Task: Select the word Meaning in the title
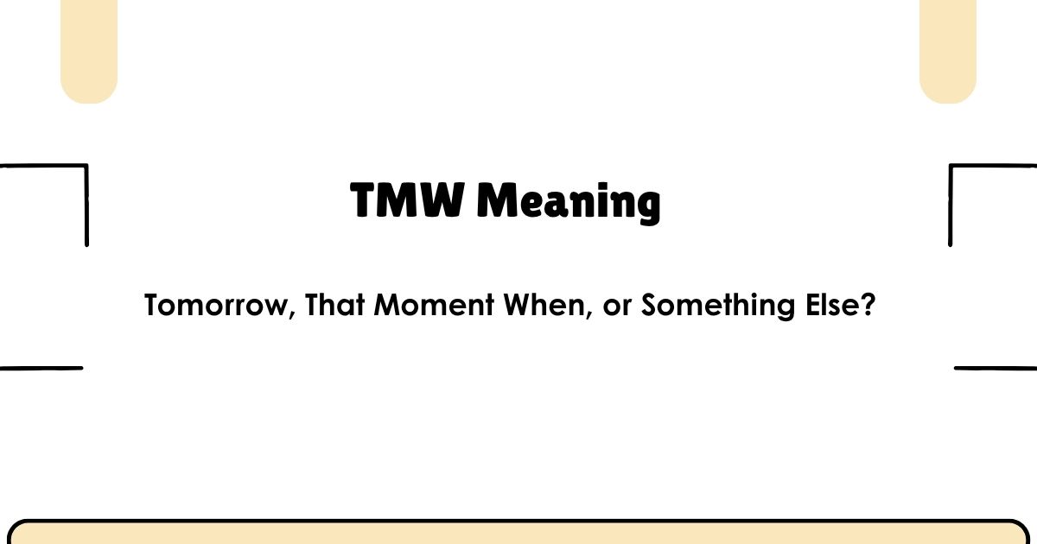pyautogui.click(x=569, y=204)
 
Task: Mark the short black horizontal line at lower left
pyautogui.click(x=41, y=368)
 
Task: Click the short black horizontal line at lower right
pyautogui.click(x=996, y=368)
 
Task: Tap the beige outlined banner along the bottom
pyautogui.click(x=518, y=533)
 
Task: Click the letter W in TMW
pyautogui.click(x=443, y=201)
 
